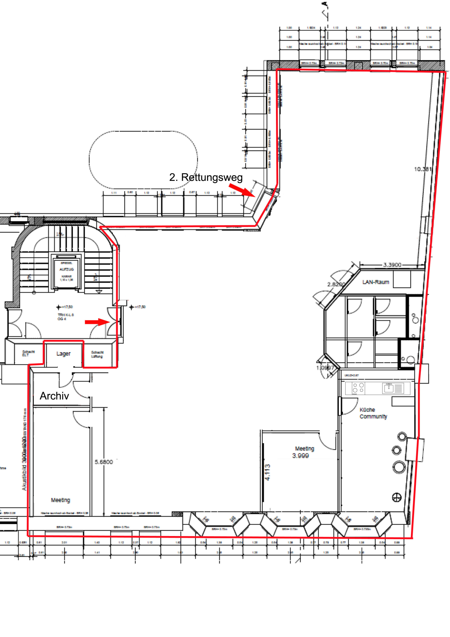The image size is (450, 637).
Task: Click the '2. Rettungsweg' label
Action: (x=206, y=177)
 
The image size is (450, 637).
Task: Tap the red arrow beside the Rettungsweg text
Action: (x=242, y=190)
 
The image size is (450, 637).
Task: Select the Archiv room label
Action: (x=54, y=396)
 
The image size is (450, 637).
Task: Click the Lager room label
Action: (x=63, y=354)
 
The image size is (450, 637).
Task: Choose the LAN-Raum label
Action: (x=375, y=282)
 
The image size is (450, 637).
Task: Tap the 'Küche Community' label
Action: (x=373, y=413)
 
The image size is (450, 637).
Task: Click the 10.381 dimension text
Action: (x=423, y=169)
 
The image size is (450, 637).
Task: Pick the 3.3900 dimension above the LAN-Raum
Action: (x=392, y=265)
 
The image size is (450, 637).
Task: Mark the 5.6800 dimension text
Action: (x=104, y=462)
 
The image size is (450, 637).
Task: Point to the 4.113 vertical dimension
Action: (x=268, y=472)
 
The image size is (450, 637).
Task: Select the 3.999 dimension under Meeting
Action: (x=300, y=456)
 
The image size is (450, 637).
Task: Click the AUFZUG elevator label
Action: (x=66, y=269)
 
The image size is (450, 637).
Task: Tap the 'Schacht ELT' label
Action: (x=28, y=353)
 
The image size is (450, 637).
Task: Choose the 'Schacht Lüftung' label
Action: (x=97, y=354)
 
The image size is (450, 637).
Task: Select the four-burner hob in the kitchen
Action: (x=358, y=388)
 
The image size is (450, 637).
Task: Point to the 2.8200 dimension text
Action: (x=336, y=284)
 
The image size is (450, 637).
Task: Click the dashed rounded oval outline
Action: (x=143, y=160)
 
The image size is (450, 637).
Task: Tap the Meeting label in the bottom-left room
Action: (x=60, y=500)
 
